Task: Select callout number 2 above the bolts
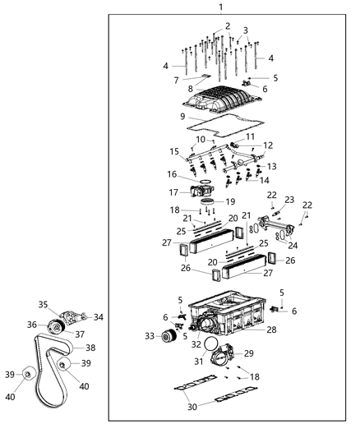[x=228, y=26]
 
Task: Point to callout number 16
[x=172, y=174]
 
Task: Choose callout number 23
[x=289, y=200]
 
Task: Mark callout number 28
[x=271, y=330]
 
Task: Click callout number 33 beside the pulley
[x=150, y=335]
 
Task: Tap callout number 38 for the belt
[x=90, y=348]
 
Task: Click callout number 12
[x=267, y=145]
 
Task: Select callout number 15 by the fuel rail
[x=173, y=151]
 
